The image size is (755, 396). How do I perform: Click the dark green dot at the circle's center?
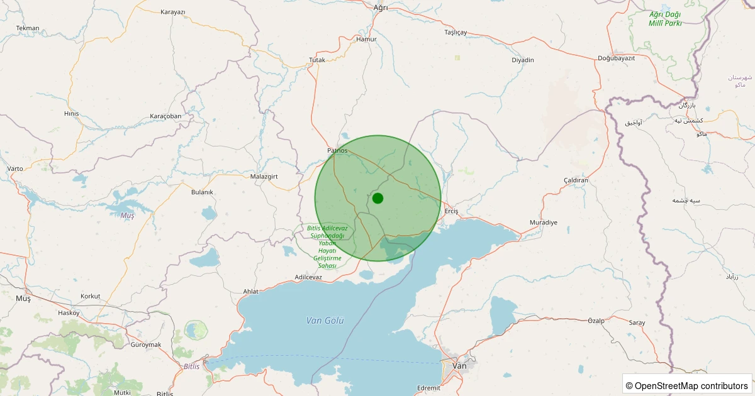coord(377,198)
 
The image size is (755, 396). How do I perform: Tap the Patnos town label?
coord(337,151)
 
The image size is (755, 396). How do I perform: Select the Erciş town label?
coord(452,211)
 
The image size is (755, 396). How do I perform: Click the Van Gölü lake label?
coord(325,321)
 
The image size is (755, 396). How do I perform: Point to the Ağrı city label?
coord(381,8)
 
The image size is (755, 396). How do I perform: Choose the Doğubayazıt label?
coord(616,58)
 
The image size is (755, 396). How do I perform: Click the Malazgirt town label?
coord(264,177)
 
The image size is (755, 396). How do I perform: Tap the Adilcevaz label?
coord(308,277)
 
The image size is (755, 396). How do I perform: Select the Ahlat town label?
coord(250,292)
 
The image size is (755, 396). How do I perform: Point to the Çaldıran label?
coord(576,180)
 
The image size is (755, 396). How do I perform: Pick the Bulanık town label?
coord(203,192)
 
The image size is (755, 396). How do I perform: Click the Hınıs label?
coord(71,114)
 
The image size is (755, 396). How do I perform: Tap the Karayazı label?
coord(173,12)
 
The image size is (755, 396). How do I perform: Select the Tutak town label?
coord(317,60)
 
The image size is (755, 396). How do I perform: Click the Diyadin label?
coord(523,60)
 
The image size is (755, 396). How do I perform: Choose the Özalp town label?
coord(596,321)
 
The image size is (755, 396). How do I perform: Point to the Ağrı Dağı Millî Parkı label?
coord(665,19)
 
